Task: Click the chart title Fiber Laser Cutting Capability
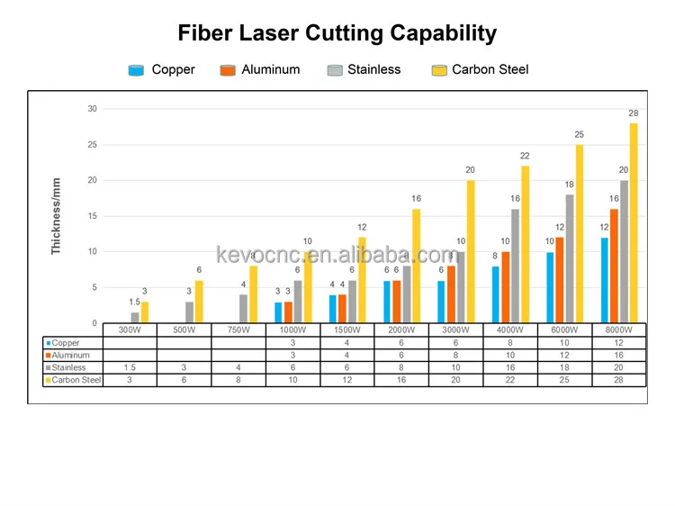click(x=337, y=34)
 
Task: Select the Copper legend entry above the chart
click(x=163, y=69)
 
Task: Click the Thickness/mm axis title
click(x=57, y=216)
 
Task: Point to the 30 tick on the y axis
click(x=92, y=109)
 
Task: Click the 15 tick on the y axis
click(x=92, y=216)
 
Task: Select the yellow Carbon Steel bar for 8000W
click(x=634, y=223)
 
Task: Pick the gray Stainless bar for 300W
click(x=135, y=318)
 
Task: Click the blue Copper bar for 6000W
click(x=550, y=287)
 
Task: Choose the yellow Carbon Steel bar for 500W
click(x=199, y=302)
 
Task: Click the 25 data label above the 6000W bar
click(x=580, y=134)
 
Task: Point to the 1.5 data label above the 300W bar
click(x=134, y=303)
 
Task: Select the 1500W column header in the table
click(x=347, y=330)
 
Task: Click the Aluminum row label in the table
click(x=72, y=355)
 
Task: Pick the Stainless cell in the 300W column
click(x=130, y=367)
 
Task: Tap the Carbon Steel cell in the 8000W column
click(x=619, y=380)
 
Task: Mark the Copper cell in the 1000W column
click(x=292, y=343)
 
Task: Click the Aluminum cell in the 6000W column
click(x=565, y=355)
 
